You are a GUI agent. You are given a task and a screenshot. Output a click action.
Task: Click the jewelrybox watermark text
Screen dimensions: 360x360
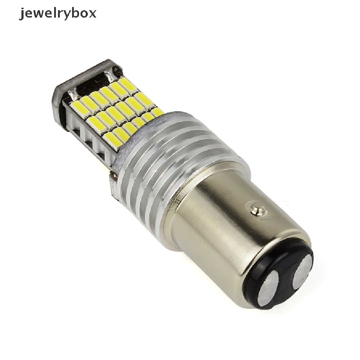(58, 14)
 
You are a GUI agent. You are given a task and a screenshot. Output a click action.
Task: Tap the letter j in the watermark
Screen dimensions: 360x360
(21, 14)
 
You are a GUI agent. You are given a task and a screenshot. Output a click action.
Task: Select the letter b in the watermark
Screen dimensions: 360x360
(73, 13)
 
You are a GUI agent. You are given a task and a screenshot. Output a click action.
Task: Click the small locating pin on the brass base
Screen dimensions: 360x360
(258, 208)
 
